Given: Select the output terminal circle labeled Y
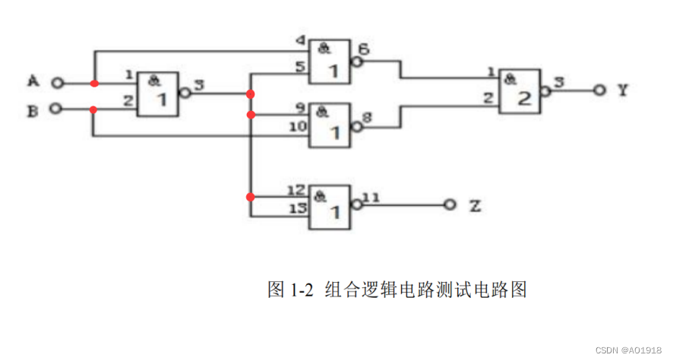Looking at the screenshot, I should (599, 90).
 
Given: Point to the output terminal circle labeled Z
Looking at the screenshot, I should (450, 204).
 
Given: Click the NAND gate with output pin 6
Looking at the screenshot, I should (329, 62).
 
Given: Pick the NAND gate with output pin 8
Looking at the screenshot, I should (329, 126).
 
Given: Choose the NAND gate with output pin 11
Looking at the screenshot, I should (329, 207).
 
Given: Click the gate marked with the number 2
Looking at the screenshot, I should (520, 92).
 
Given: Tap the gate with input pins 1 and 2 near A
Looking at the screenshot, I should (158, 94).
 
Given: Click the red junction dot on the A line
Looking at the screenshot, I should (93, 83).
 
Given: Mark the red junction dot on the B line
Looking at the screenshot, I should (93, 109).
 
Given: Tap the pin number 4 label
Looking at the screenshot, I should (302, 40).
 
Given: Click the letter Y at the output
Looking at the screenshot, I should (622, 90).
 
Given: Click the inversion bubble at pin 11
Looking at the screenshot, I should (355, 204).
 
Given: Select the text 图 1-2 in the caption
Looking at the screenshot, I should (291, 290).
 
